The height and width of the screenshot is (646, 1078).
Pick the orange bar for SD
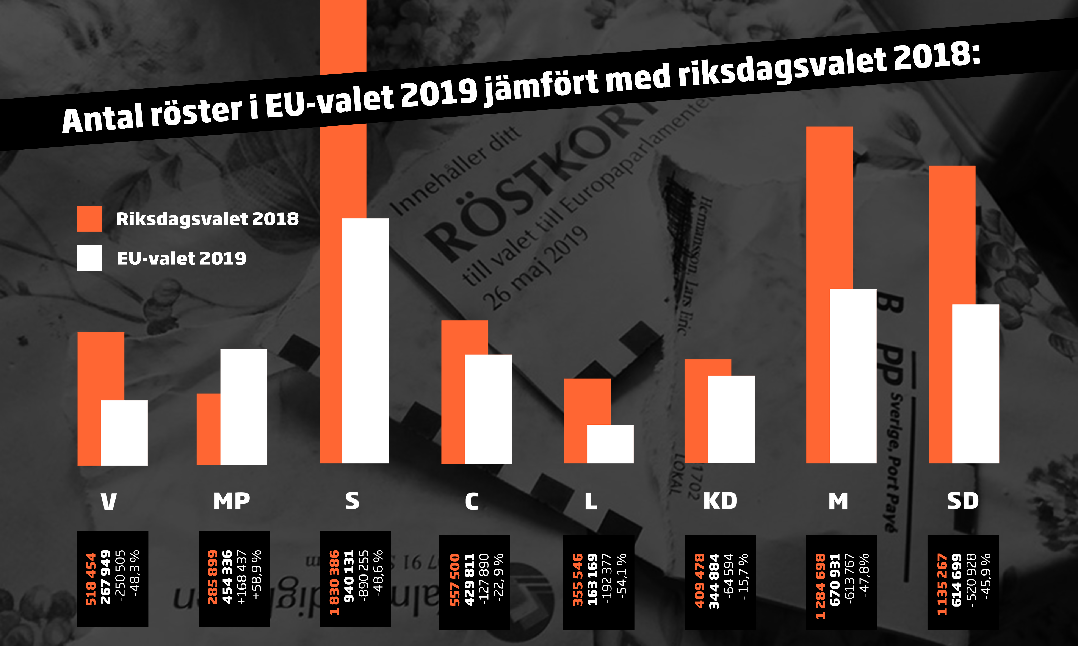click(x=940, y=313)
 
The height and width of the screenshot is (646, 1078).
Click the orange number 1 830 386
click(x=334, y=582)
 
